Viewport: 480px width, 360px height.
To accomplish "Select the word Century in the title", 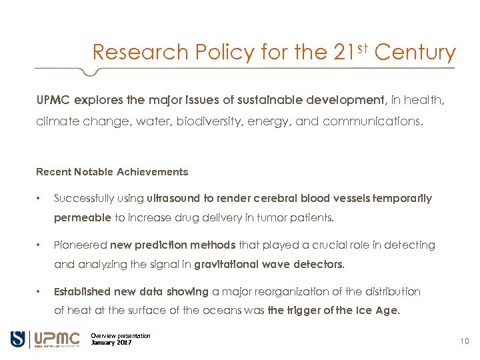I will (415, 53).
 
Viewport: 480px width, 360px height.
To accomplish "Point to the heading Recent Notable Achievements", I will (112, 172).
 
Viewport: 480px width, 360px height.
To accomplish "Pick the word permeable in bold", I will (83, 218).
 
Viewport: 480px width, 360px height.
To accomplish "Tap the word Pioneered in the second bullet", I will (80, 245).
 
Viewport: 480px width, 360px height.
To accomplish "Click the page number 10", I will (465, 341).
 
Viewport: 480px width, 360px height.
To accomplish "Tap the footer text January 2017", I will (111, 343).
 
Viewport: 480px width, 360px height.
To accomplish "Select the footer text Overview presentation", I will (121, 335).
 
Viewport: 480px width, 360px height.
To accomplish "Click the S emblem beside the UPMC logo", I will (18, 339).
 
